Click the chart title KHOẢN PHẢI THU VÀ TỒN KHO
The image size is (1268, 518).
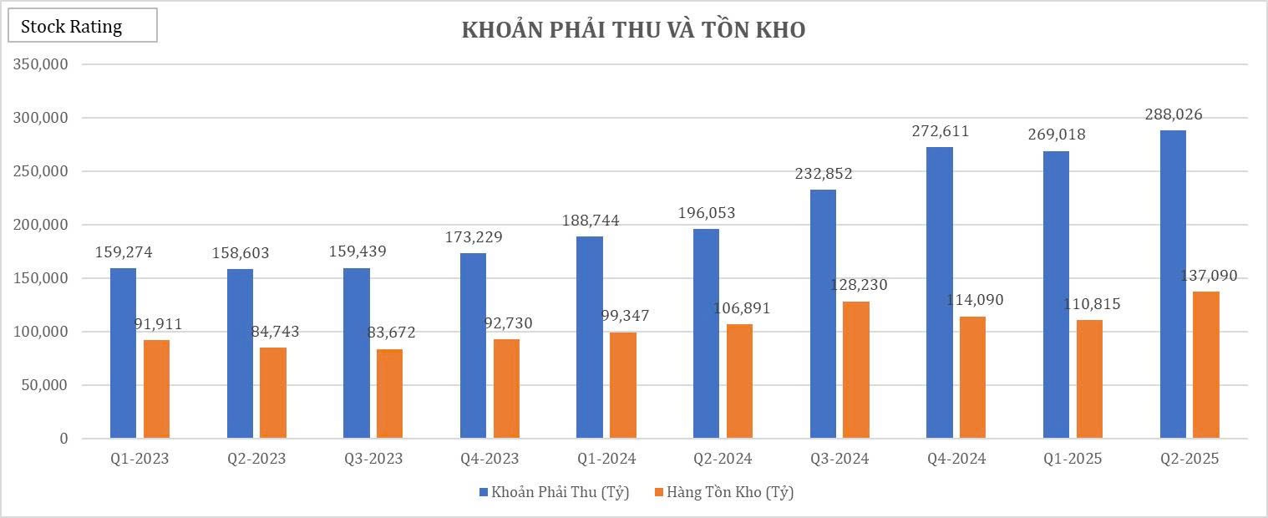[633, 30]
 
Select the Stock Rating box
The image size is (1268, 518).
[82, 26]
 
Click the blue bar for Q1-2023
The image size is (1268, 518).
[124, 353]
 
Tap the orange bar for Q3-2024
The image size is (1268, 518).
[856, 369]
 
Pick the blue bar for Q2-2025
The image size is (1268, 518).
[1173, 284]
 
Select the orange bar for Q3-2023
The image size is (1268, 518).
[389, 394]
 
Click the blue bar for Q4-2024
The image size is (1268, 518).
[940, 292]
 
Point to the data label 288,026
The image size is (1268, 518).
[1174, 114]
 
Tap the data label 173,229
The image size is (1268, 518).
[474, 237]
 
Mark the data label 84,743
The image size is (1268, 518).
[275, 332]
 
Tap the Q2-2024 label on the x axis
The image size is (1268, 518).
[723, 459]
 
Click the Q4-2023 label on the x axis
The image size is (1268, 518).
[489, 459]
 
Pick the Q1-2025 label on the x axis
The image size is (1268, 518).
[1073, 459]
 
